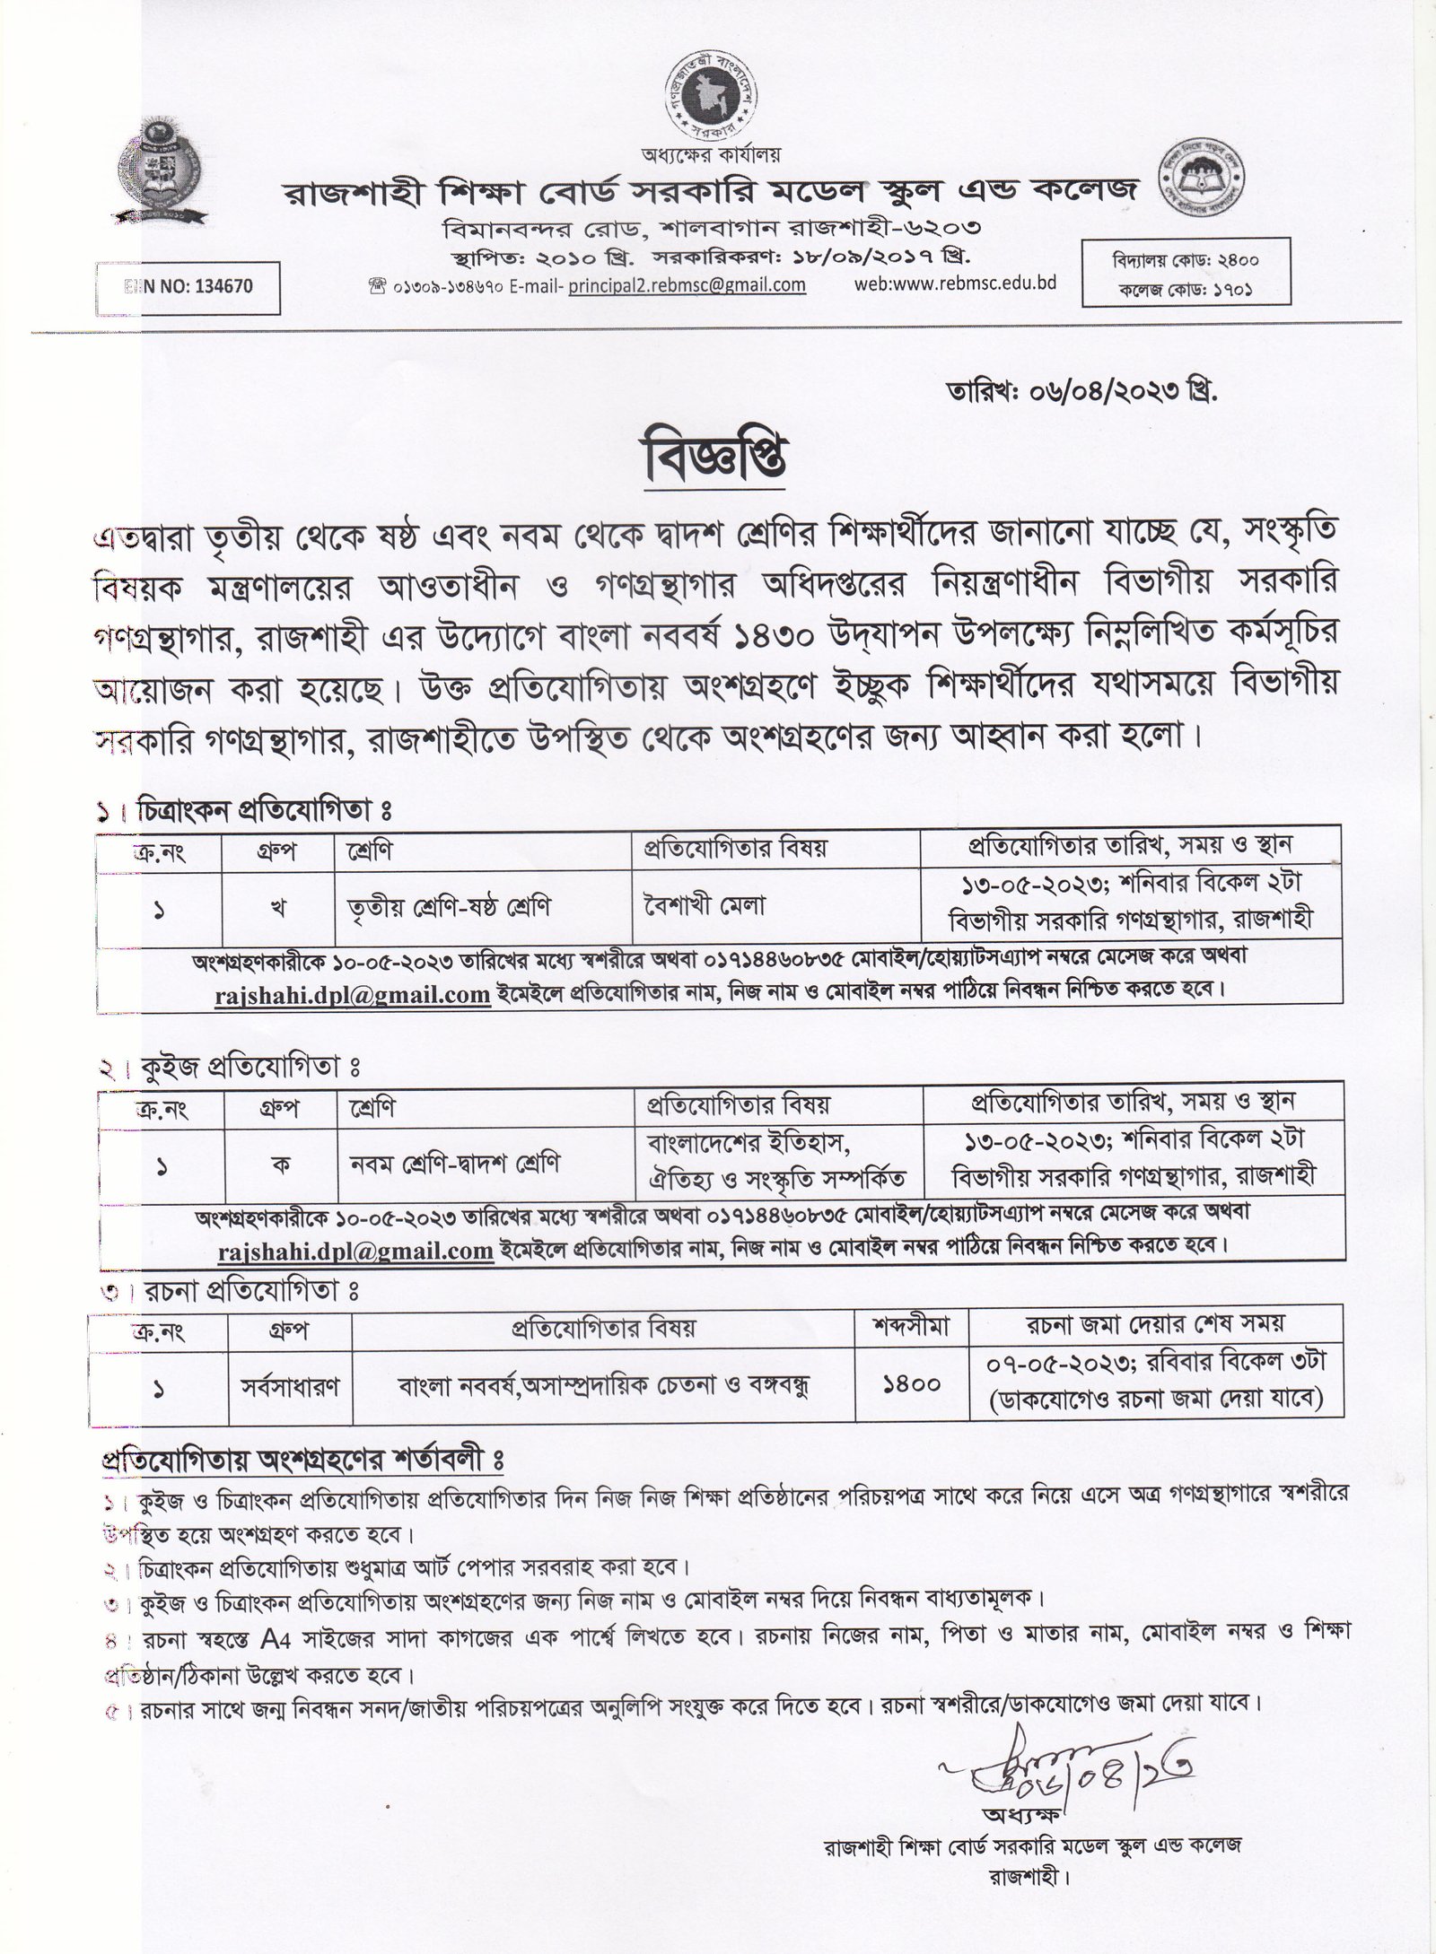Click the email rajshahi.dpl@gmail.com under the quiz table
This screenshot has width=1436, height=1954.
[355, 1250]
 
